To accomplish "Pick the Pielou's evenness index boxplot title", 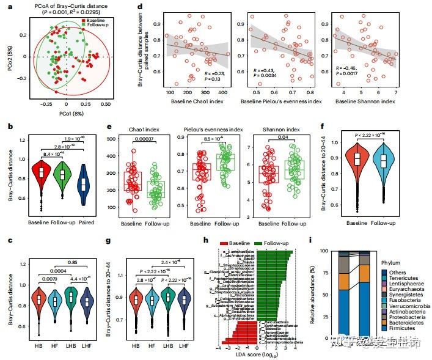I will (212, 130).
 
